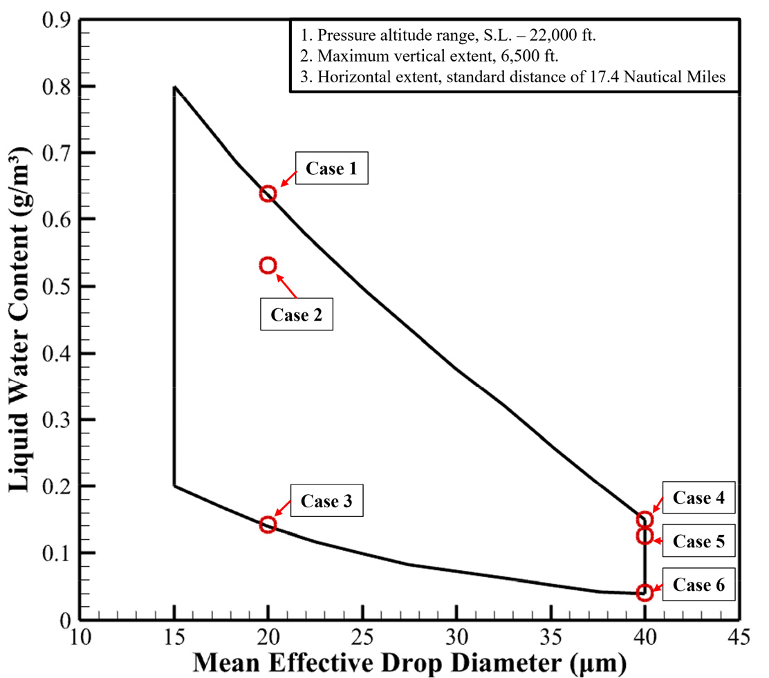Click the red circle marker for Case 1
point(268,194)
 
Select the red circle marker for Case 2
point(268,265)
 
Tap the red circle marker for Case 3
point(268,525)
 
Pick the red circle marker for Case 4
point(645,520)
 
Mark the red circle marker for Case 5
point(645,536)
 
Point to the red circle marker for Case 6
point(645,592)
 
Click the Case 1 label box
point(332,168)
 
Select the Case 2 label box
point(296,315)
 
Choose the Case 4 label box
point(698,498)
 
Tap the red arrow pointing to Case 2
point(291,287)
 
